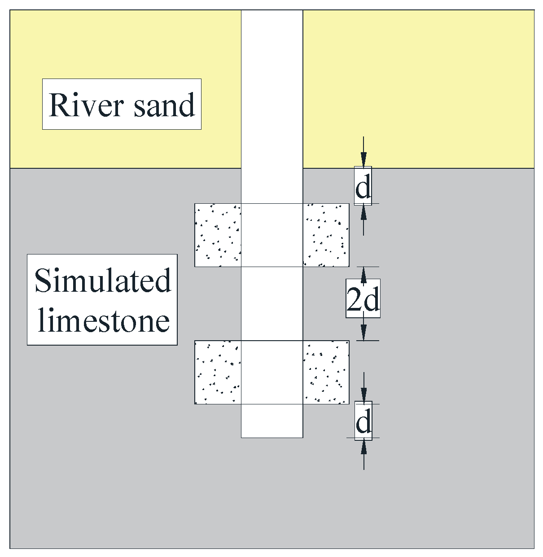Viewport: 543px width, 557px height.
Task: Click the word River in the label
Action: (x=86, y=105)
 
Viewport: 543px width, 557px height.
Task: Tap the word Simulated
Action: (x=103, y=281)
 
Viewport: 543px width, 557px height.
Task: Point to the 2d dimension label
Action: (x=363, y=299)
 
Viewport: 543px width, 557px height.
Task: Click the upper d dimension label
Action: (x=363, y=186)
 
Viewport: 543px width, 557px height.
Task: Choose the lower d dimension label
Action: (x=363, y=421)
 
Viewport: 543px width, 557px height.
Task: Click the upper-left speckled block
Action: (x=218, y=235)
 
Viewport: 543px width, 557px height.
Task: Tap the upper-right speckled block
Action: (x=326, y=235)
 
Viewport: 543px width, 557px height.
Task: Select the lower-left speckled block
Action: (x=218, y=373)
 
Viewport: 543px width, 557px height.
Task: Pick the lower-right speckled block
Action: (x=326, y=373)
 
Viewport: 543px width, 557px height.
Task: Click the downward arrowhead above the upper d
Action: (x=363, y=160)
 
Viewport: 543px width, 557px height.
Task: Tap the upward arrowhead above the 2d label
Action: (x=363, y=274)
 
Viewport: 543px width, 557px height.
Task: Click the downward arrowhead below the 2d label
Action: (x=363, y=333)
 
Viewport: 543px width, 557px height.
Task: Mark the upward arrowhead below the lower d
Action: (x=363, y=446)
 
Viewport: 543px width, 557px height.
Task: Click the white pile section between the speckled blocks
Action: (x=272, y=303)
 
